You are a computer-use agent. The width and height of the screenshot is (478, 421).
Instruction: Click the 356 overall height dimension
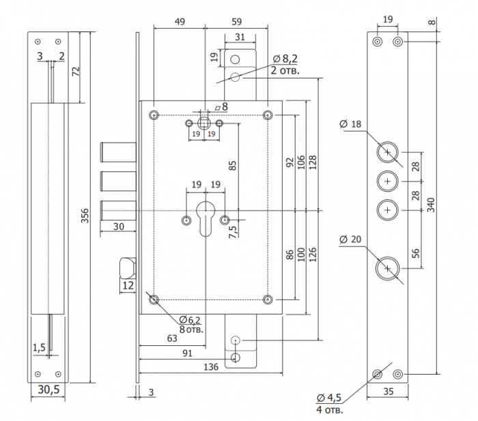point(85,216)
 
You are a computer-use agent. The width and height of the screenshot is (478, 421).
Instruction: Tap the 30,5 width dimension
point(48,390)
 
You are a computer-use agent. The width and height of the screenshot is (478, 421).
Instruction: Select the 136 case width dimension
point(211,367)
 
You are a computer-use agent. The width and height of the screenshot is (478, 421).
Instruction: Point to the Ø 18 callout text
point(350,124)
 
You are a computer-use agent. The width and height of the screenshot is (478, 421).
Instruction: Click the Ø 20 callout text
point(350,239)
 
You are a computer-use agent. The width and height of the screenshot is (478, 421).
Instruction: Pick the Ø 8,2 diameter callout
point(285,59)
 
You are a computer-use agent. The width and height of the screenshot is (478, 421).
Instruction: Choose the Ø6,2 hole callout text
point(190,320)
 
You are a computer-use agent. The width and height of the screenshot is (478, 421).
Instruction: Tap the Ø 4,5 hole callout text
point(329,398)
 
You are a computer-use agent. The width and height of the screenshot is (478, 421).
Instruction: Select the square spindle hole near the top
point(204,124)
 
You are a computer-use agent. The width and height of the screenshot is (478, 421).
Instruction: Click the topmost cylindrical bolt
point(118,151)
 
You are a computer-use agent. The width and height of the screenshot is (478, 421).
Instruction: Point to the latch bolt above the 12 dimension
point(128,267)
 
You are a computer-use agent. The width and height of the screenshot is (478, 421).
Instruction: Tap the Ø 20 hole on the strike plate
point(387,268)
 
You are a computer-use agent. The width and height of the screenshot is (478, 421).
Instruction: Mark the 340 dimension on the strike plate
point(431,205)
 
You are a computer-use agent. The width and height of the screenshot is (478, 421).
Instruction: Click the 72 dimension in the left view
point(76,71)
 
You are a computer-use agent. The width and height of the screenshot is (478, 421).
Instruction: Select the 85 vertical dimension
point(232,165)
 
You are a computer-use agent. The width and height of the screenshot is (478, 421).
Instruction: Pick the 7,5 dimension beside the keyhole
point(232,232)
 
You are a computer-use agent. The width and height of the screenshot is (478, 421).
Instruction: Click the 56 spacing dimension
point(415,253)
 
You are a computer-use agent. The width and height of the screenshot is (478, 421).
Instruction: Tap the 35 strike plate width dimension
point(389,392)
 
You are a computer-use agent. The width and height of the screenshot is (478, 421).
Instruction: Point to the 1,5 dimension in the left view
point(39,347)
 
